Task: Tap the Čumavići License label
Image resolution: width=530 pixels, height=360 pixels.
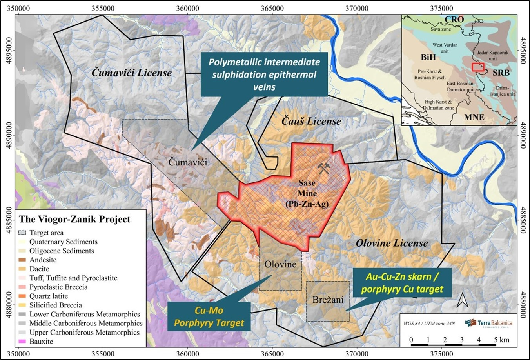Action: click(132, 73)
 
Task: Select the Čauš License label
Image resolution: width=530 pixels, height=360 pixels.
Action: click(311, 121)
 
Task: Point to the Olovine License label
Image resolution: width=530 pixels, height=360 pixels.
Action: click(392, 243)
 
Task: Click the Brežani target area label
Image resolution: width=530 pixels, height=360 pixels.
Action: click(328, 300)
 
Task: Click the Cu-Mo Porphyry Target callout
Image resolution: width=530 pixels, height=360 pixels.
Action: click(209, 316)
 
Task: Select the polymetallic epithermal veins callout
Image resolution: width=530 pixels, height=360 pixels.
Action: click(264, 74)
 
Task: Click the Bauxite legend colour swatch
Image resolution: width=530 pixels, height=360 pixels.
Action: click(23, 342)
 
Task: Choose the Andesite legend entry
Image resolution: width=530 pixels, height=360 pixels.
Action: click(43, 260)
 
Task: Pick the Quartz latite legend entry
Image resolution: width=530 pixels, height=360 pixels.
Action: click(48, 296)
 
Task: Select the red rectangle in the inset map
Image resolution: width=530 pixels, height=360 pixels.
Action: click(478, 67)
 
